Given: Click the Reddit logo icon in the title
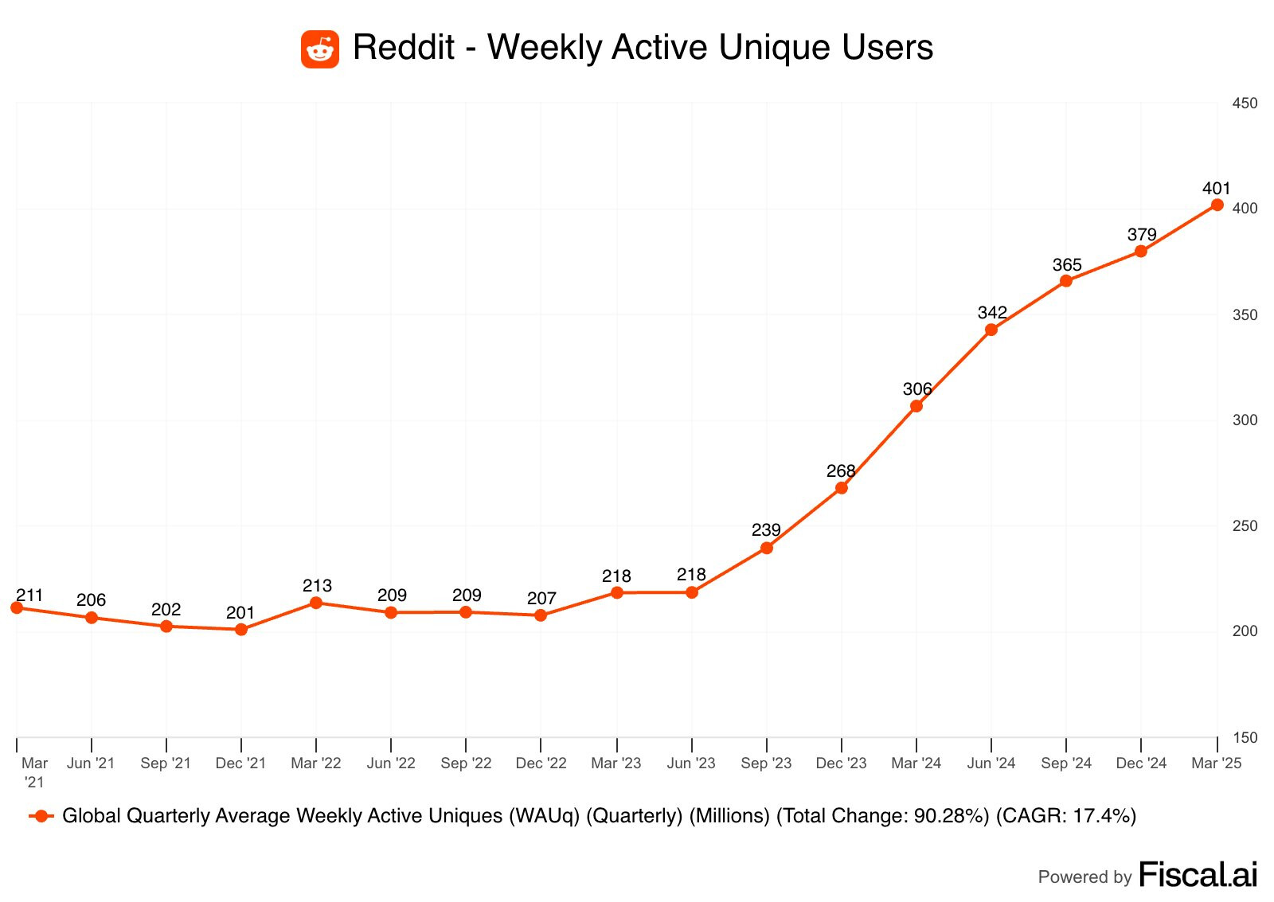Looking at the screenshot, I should pos(320,49).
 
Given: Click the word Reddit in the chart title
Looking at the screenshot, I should pos(403,48).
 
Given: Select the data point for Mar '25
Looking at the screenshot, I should pos(1217,205).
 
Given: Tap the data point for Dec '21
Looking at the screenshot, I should pos(241,629).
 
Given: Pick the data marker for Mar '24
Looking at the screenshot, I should pos(916,406).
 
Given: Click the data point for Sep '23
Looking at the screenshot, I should pos(767,548).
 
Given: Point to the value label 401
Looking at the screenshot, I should pos(1217,189).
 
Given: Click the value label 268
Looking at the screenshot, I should pos(841,471).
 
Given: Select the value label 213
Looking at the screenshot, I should pos(317,586).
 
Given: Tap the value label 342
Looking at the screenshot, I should pos(992,312).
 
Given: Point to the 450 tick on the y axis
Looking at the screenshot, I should pos(1245,103).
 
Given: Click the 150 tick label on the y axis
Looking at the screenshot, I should pos(1245,738).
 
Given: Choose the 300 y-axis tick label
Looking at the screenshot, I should pos(1245,420).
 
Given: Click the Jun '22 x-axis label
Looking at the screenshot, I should pos(391,763).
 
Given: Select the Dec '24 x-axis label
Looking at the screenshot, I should pos(1141,763).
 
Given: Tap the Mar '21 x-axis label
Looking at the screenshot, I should pos(34,772).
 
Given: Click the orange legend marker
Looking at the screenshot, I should pos(41,816).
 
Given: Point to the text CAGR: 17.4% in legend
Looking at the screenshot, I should pos(1066,816).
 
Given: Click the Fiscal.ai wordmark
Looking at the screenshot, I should pos(1198,875).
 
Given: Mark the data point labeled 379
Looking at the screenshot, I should pos(1141,251).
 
